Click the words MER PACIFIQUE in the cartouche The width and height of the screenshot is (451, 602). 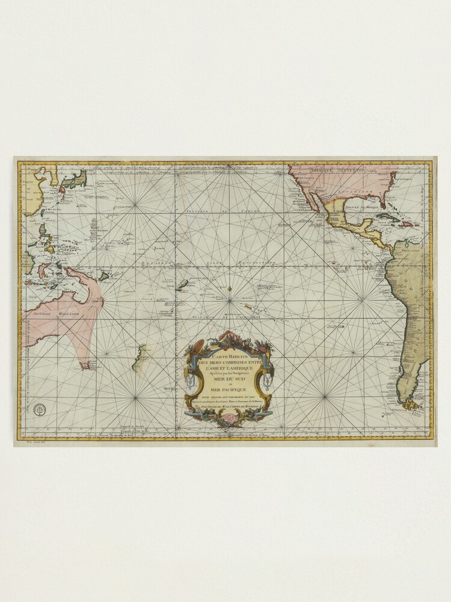pos(229,390)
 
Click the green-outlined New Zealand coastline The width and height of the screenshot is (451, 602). pos(140,358)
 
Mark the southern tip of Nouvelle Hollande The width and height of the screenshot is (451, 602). pos(85,364)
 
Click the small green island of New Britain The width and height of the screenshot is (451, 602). pos(103,276)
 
